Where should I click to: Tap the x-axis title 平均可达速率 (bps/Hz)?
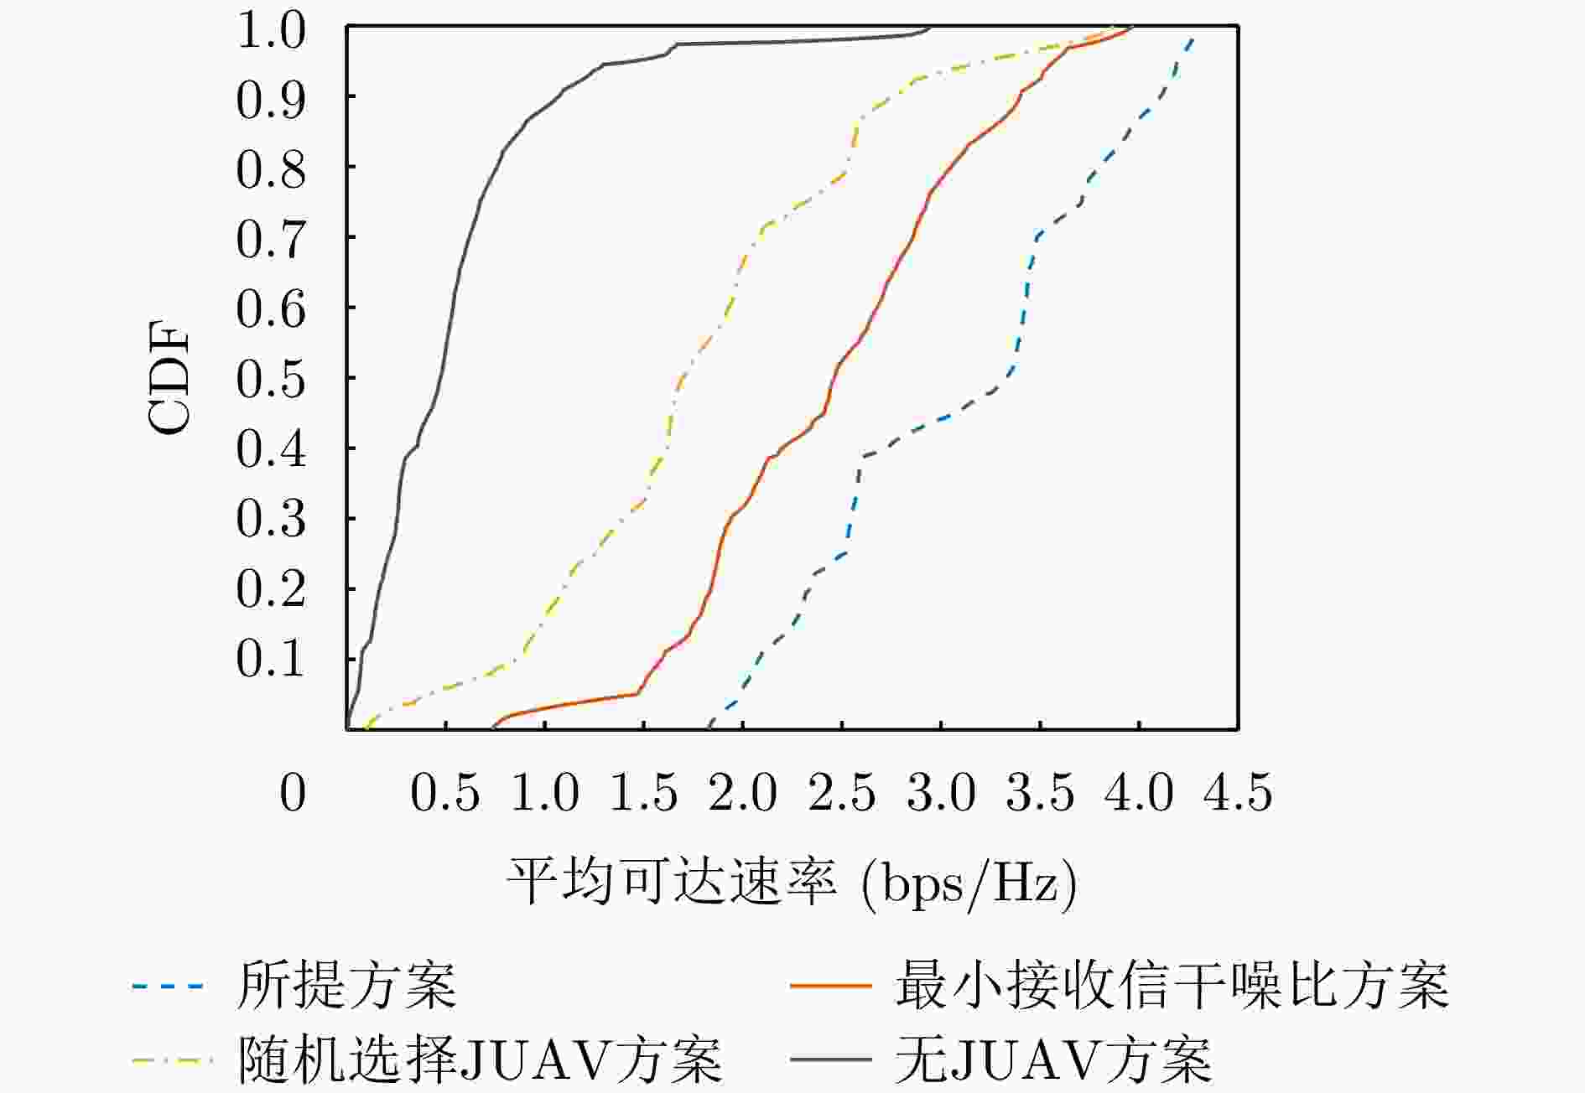(791, 883)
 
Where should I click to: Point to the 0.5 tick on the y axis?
(270, 379)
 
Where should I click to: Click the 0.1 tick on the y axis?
(270, 659)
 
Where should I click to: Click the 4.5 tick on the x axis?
(1238, 792)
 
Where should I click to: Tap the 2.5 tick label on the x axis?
(842, 792)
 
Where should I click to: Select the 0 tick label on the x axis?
(293, 792)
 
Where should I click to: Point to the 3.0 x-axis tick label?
(941, 792)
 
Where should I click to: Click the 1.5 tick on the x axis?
(643, 792)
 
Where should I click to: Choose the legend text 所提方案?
(347, 986)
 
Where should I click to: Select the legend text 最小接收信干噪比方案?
(1172, 986)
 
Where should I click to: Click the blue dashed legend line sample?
(168, 987)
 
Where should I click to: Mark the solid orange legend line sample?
(830, 987)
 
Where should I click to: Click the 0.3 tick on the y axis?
(270, 519)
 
